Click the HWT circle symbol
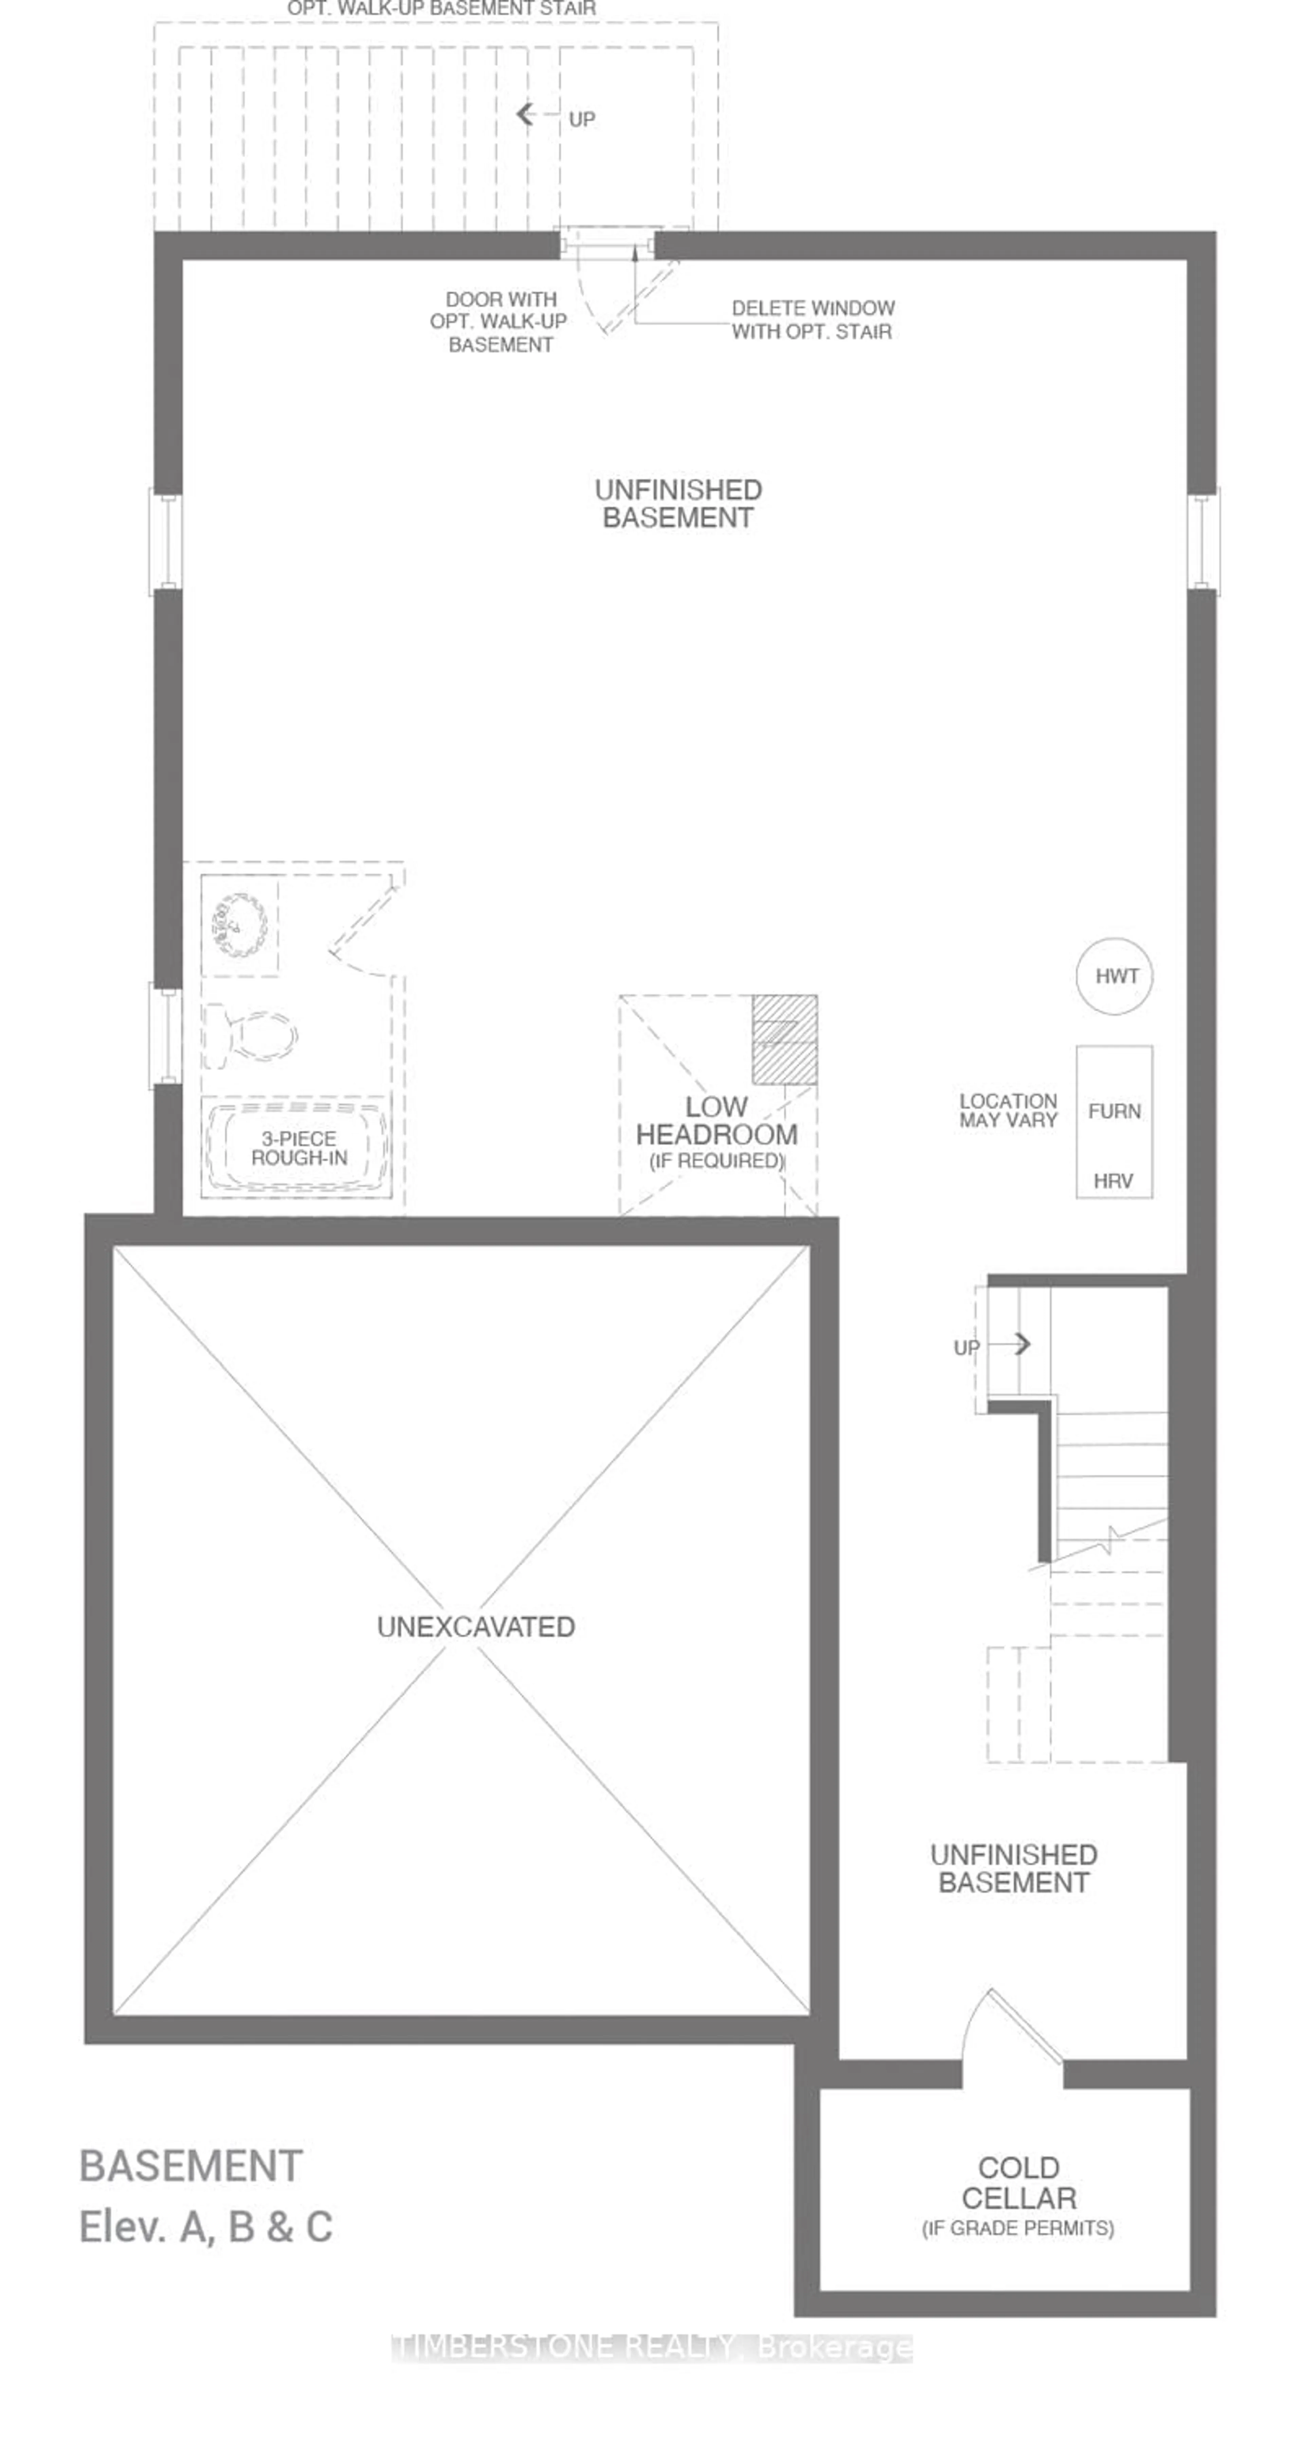pos(1114,976)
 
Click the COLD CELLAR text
pos(1018,2182)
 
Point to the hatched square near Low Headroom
pos(784,1039)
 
